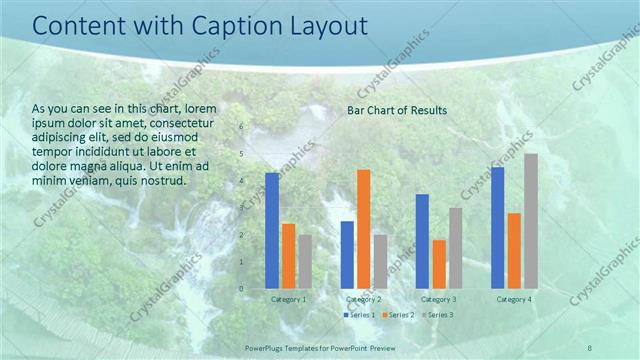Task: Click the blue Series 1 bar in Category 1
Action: (x=272, y=230)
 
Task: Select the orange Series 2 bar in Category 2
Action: (x=364, y=229)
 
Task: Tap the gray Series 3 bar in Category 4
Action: (x=531, y=221)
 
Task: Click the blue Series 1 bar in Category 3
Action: (x=422, y=241)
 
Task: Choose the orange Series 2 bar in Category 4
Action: (x=514, y=251)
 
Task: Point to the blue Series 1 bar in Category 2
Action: (x=347, y=255)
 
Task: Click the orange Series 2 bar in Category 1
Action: (x=289, y=256)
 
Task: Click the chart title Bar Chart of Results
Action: (x=397, y=110)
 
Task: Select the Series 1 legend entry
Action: (x=360, y=315)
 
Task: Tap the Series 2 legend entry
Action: (x=397, y=315)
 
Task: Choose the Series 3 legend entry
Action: (x=436, y=315)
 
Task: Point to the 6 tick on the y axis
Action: (x=241, y=127)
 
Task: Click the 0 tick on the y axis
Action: (x=241, y=289)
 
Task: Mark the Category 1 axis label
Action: (x=288, y=299)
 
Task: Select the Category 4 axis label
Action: (x=514, y=299)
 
